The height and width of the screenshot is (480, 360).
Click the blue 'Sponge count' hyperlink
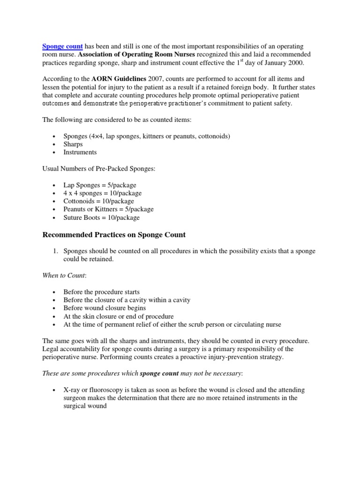click(x=62, y=46)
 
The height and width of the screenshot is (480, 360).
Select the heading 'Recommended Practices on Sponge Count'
click(x=114, y=234)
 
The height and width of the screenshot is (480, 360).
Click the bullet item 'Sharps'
click(x=73, y=144)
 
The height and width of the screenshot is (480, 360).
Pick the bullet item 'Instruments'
click(x=80, y=152)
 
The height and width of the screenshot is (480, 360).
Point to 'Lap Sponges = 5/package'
click(x=100, y=185)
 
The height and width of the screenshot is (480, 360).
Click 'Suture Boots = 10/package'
click(x=101, y=217)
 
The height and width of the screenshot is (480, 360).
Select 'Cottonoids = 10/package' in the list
click(x=98, y=201)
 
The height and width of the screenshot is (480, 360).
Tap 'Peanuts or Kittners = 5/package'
click(x=108, y=209)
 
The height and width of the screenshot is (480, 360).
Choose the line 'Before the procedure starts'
click(x=101, y=292)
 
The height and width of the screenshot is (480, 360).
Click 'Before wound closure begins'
click(x=105, y=308)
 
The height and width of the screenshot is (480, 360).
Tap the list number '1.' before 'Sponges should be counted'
click(x=55, y=251)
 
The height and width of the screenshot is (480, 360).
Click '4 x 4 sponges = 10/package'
click(x=102, y=193)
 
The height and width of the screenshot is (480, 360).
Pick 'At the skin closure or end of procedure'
click(x=119, y=316)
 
